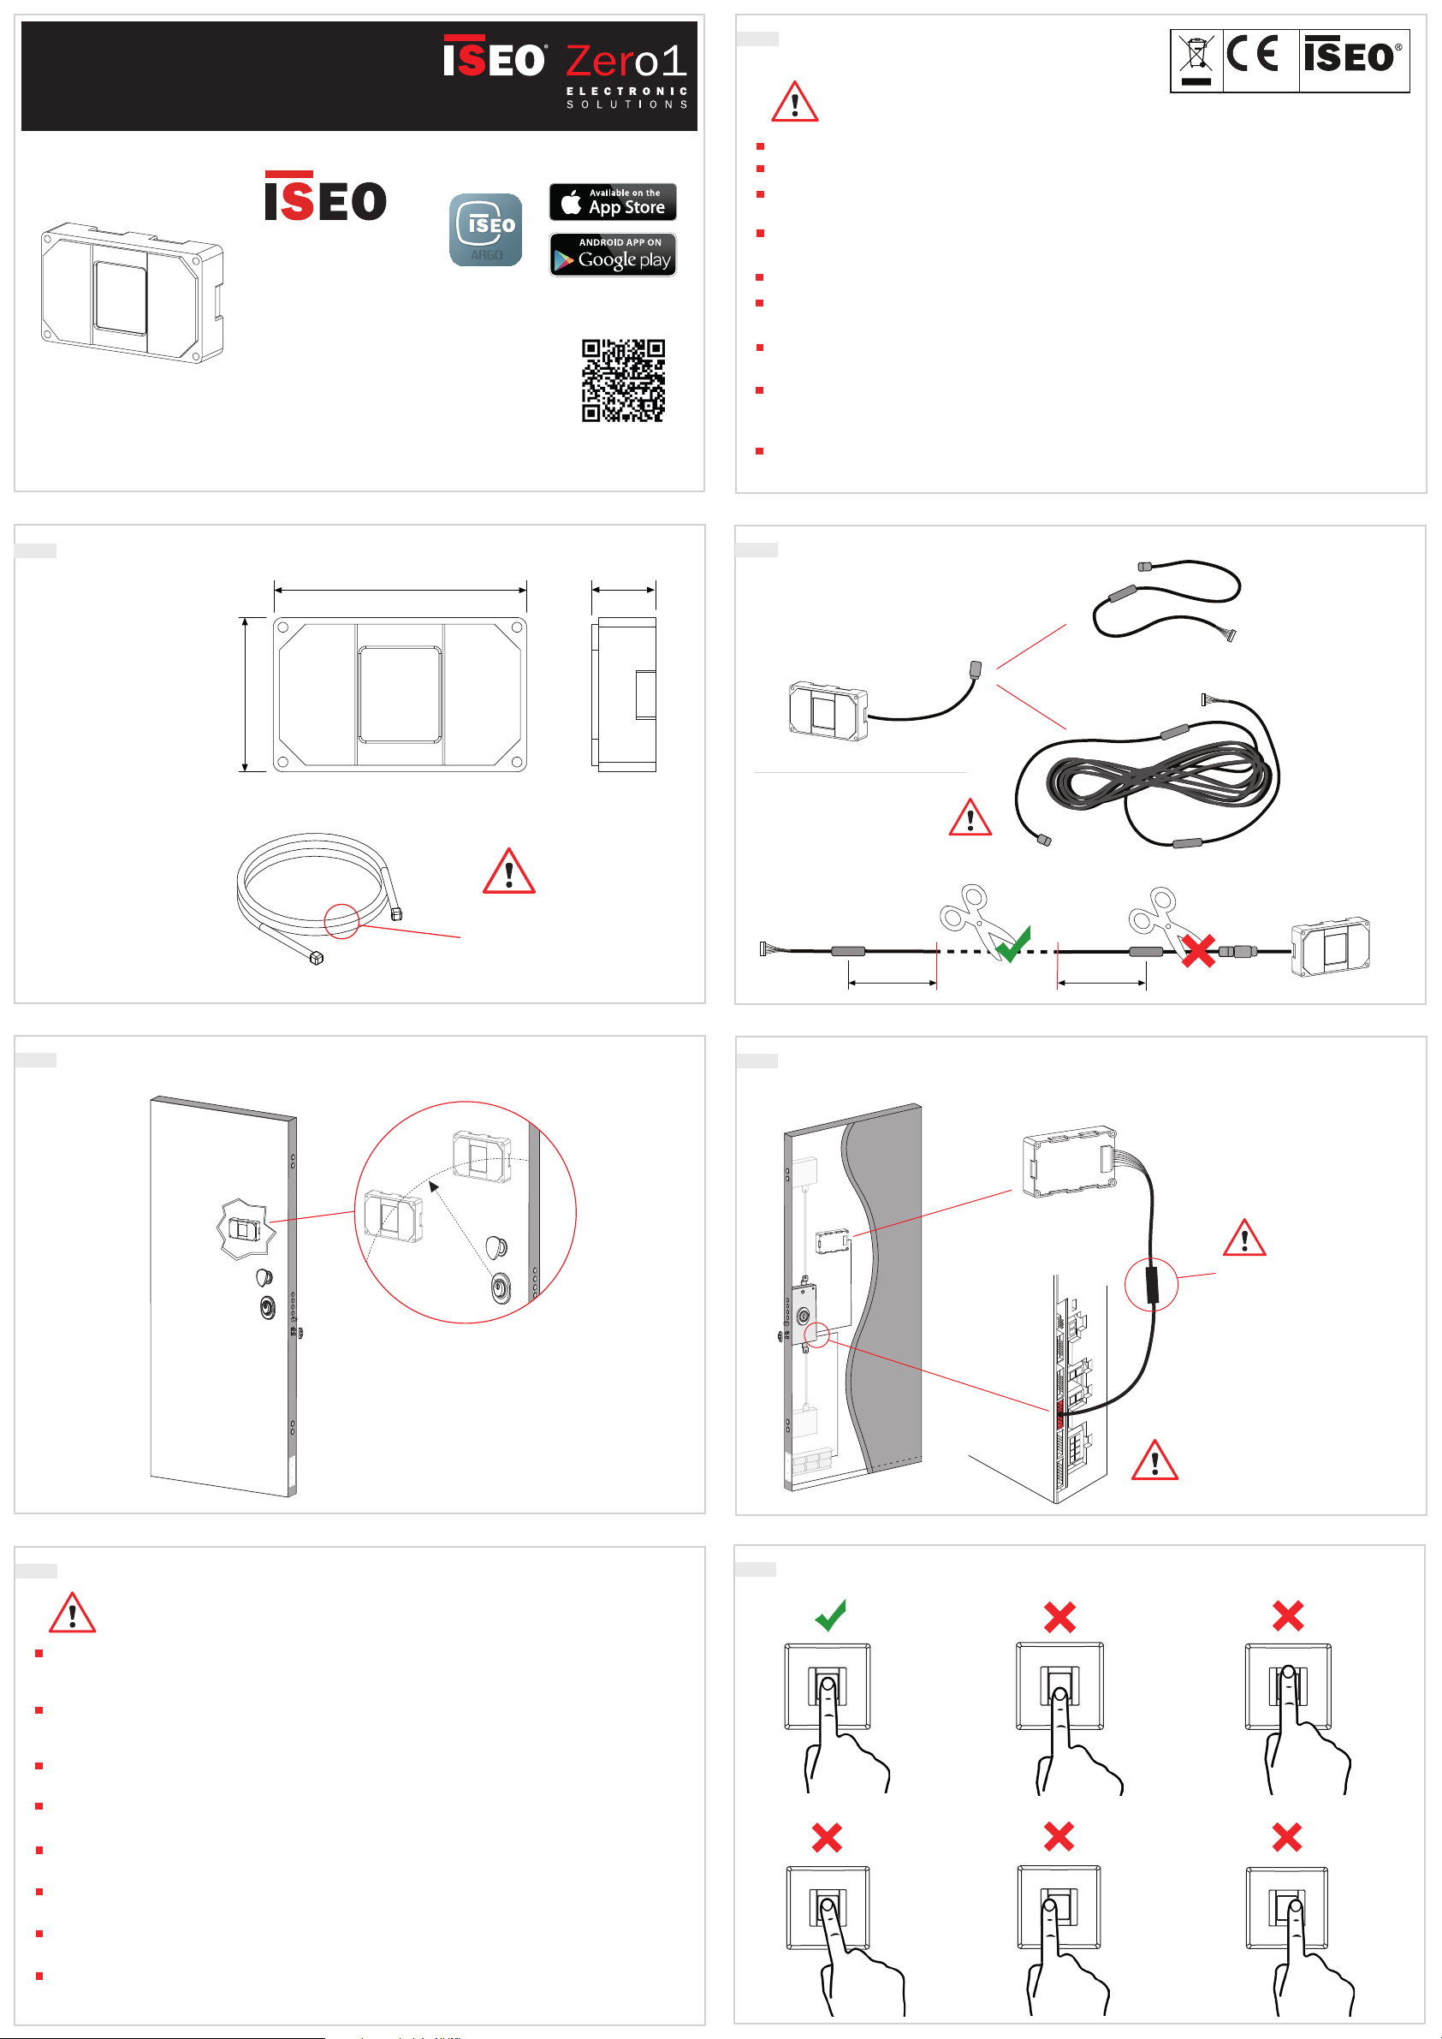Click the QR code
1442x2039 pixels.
click(622, 380)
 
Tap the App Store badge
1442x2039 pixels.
click(613, 203)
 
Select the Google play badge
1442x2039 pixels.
click(613, 255)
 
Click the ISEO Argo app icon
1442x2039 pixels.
click(486, 229)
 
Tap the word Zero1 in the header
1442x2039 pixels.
click(626, 62)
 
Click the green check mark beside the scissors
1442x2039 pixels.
click(1014, 943)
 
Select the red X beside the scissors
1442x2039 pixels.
click(1198, 952)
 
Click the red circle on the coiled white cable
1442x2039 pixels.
click(341, 920)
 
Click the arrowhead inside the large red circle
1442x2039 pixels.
click(433, 1187)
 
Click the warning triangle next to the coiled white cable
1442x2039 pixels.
click(509, 871)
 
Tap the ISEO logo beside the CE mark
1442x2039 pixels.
click(1352, 56)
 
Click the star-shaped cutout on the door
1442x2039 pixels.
click(242, 1229)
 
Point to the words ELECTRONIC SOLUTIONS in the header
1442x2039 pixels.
click(627, 98)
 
